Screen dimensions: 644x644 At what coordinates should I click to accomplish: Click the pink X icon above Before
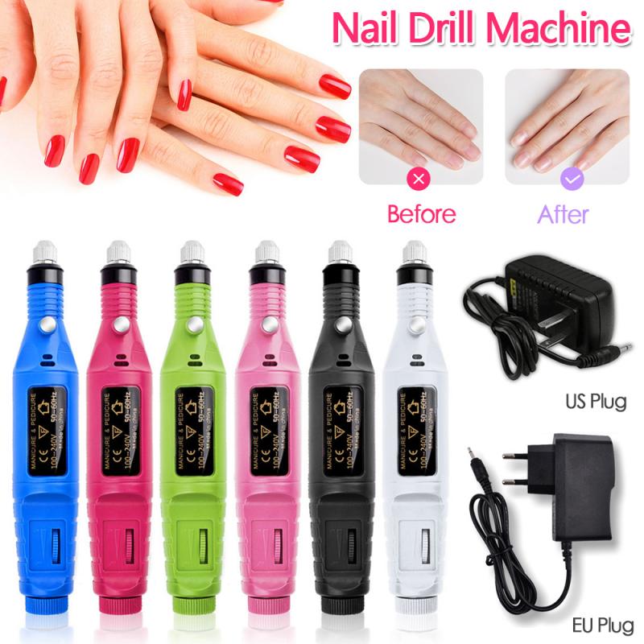point(421,179)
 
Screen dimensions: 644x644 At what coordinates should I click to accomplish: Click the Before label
point(421,214)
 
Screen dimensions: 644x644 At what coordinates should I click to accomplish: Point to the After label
point(562,214)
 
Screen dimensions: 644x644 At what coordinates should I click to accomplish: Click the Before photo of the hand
point(421,125)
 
